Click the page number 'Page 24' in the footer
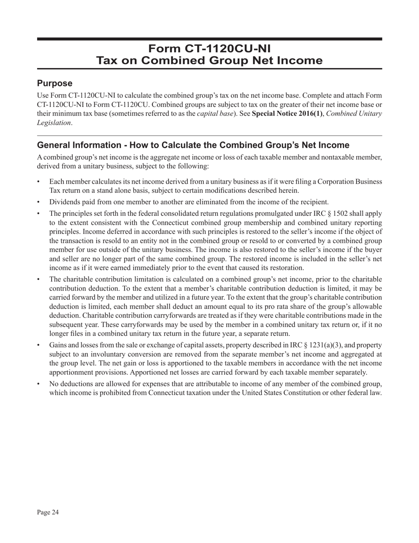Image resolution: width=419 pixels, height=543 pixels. pos(48,512)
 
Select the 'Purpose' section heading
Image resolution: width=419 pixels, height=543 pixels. pos(55,83)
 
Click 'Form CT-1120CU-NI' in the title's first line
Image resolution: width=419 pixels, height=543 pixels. pos(209,48)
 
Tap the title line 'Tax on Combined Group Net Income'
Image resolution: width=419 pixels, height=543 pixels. pos(209,60)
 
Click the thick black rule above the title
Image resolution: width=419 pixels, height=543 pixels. pos(209,39)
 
